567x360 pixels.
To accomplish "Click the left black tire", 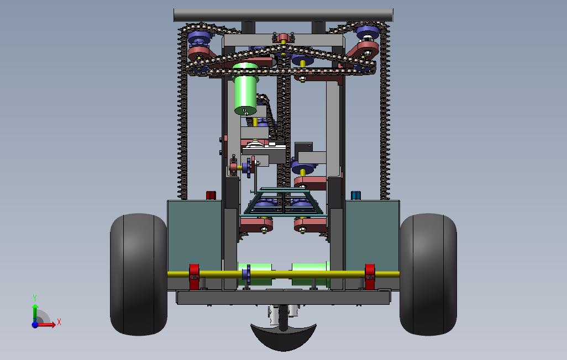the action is [139, 274].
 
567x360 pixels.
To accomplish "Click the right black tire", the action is [428, 274].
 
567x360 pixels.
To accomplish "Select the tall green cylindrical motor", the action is [245, 89].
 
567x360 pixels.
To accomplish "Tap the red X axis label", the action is [59, 322].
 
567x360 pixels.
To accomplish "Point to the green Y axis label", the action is [35, 298].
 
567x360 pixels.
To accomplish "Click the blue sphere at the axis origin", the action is [35, 325].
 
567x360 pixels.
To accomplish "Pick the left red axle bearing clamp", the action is [194, 277].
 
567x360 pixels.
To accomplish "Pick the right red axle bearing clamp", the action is [370, 277].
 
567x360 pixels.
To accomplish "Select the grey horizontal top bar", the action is [283, 15].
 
